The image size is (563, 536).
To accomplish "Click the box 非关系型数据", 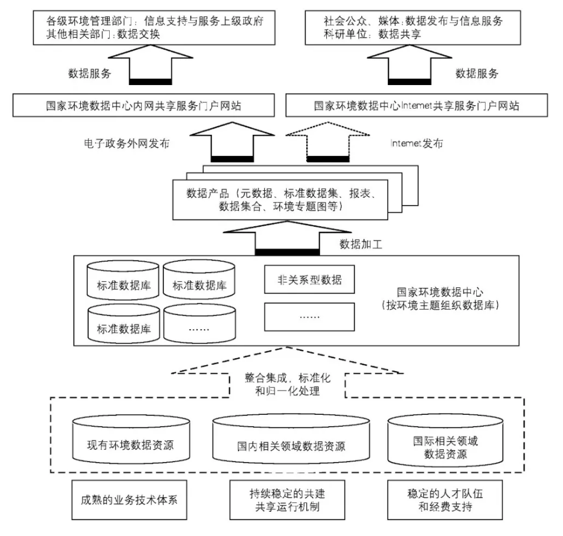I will (309, 280).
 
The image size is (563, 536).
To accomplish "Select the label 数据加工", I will (361, 243).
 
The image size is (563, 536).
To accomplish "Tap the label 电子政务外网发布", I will (122, 143).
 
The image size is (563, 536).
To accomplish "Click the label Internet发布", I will (416, 143).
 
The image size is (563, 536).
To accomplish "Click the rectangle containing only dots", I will (309, 316).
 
